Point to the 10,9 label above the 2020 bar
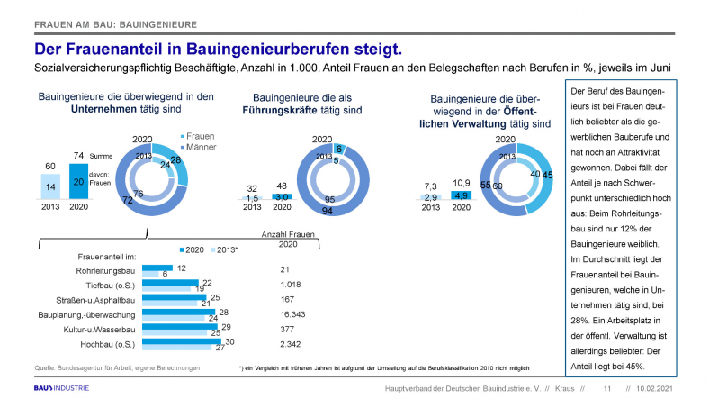coord(459,182)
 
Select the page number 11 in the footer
coord(606,387)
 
